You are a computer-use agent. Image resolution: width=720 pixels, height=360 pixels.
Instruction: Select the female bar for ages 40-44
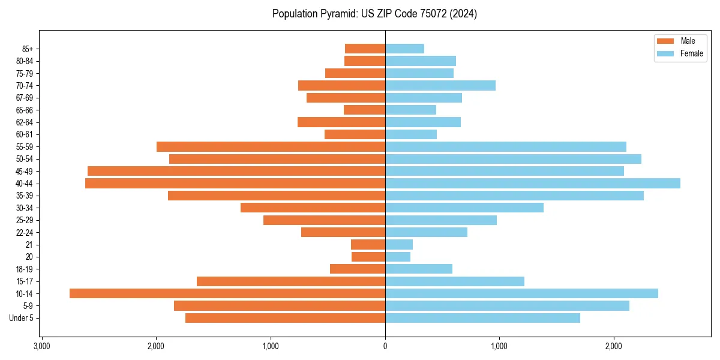[x=532, y=183]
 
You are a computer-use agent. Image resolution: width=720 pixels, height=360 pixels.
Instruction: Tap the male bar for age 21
[x=368, y=244]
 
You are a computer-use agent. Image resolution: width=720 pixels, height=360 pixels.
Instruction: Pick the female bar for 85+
[x=404, y=49]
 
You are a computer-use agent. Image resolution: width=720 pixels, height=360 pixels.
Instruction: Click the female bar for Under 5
[x=482, y=318]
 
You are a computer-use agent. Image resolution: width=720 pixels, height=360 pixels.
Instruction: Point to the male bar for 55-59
[x=271, y=146]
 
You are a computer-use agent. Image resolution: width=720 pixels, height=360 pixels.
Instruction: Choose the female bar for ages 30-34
[x=464, y=208]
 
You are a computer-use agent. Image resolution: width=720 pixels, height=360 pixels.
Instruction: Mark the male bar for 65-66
[x=364, y=110]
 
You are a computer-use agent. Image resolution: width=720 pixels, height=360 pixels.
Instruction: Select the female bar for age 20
[x=398, y=257]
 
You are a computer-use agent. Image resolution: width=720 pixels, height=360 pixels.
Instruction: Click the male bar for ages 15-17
[x=290, y=281]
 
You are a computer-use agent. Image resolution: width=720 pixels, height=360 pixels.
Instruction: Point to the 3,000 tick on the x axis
[x=41, y=346]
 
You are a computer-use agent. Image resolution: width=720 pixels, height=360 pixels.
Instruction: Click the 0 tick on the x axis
[x=385, y=346]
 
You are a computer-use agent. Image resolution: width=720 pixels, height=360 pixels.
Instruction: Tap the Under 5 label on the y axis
[x=21, y=318]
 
